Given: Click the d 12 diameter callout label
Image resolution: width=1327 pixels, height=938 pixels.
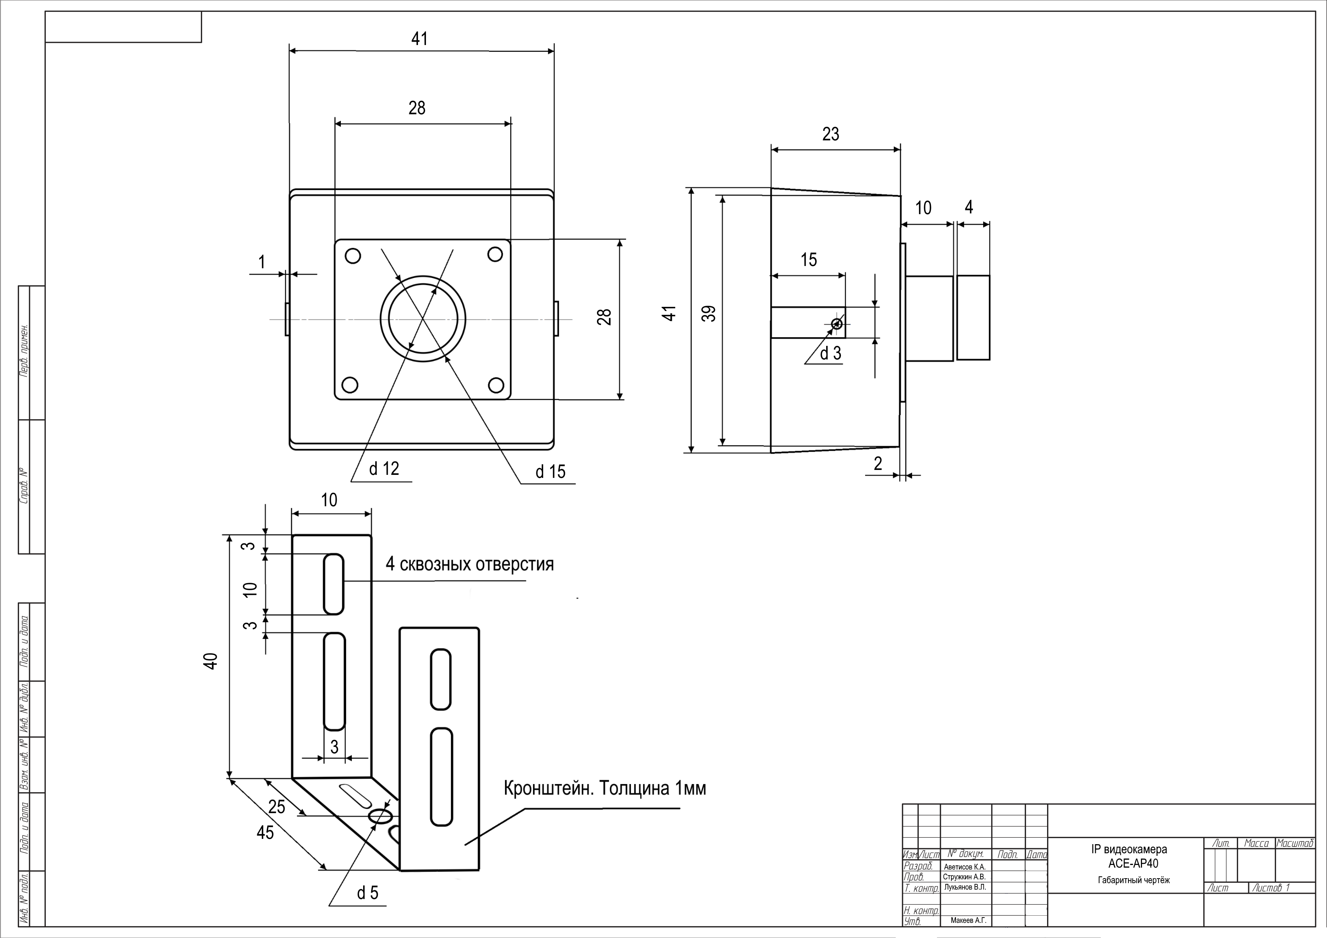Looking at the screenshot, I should [384, 468].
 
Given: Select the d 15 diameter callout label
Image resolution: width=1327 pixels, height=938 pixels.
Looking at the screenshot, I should [550, 471].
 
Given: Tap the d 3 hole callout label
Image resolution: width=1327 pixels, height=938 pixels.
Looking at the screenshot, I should [831, 353].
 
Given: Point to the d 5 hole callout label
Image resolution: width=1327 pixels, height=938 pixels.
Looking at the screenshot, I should [368, 893].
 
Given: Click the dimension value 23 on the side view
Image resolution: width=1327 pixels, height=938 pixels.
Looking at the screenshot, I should [831, 134].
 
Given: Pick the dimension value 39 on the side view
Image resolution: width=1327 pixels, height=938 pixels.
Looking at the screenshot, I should [710, 313].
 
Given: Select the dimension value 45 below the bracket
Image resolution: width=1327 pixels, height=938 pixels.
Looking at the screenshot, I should [265, 832].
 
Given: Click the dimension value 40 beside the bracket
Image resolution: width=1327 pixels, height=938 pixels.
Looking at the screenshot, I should [211, 661].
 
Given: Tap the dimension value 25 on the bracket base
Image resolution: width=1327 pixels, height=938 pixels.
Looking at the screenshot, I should [277, 807].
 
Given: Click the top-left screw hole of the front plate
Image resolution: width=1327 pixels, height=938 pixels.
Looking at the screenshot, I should [353, 255].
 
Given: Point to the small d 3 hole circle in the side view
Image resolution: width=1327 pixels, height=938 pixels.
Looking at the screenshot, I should [836, 324].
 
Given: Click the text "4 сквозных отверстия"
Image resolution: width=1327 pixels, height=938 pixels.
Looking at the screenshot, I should [469, 564].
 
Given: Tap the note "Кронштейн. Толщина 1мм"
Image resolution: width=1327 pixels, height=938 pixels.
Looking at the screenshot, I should [604, 788].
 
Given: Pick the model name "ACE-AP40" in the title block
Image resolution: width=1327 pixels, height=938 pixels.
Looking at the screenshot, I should [1133, 863].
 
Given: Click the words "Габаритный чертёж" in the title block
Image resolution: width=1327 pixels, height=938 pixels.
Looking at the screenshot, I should [1133, 880].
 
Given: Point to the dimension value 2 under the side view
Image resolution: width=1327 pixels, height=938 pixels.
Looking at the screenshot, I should [878, 463].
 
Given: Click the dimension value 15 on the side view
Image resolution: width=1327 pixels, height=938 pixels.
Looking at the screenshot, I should [808, 260].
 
